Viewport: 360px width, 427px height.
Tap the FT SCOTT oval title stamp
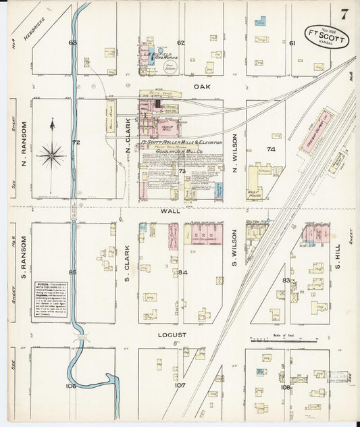point(327,39)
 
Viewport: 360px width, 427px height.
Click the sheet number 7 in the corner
point(344,14)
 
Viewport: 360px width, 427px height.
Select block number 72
point(76,143)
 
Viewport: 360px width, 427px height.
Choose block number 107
point(180,386)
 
